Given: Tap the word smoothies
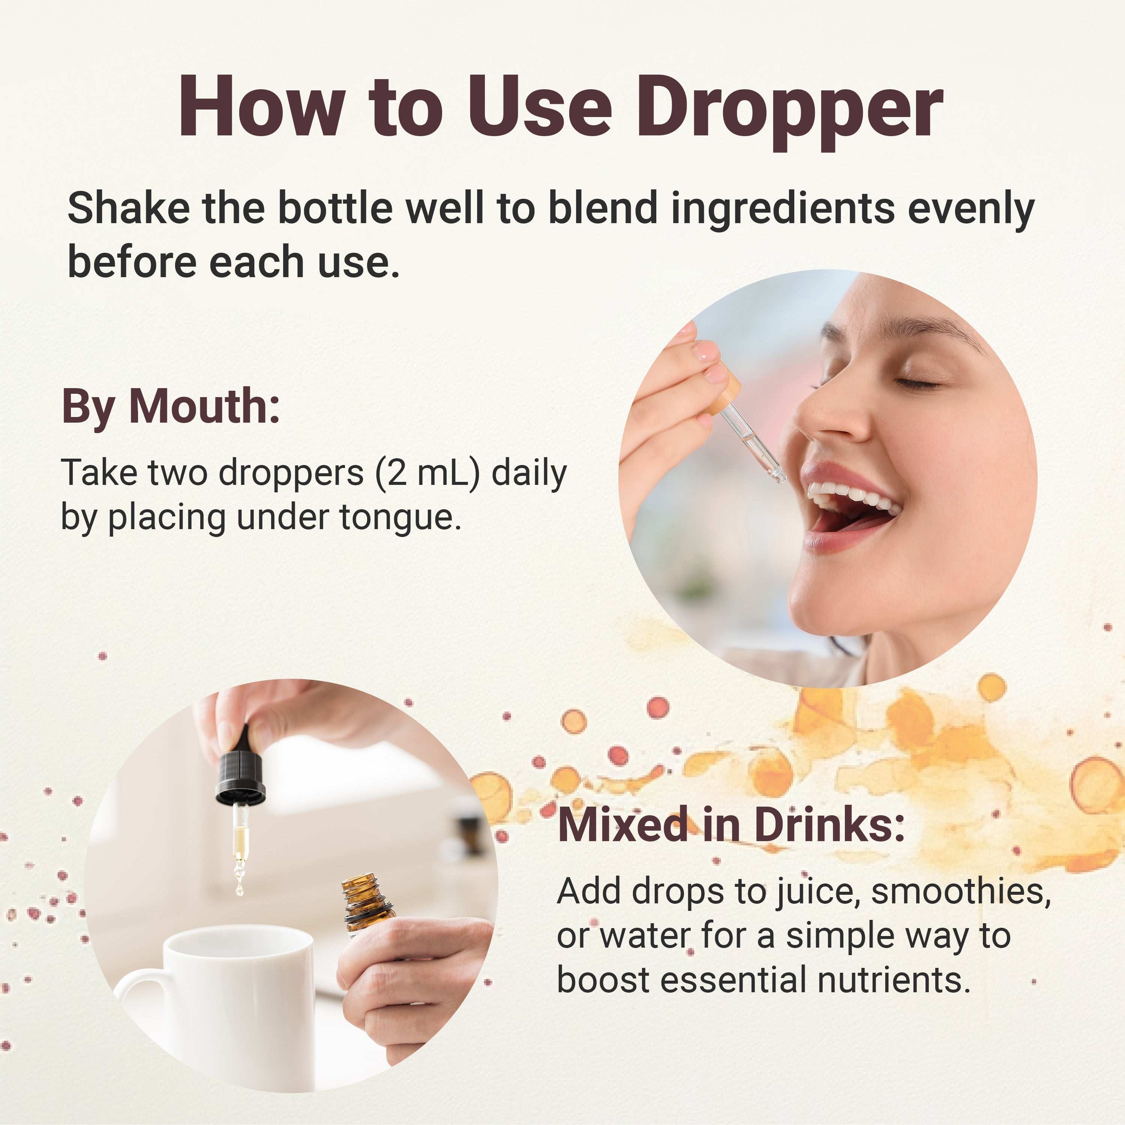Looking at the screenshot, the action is coord(961,891).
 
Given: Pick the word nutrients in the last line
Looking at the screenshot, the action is coord(894,980).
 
